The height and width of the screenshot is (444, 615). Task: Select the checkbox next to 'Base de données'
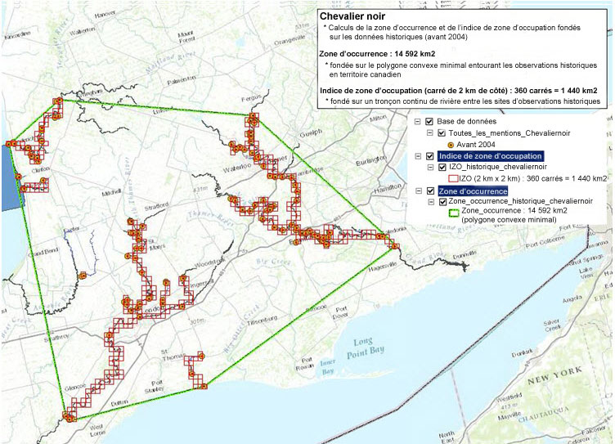pos(429,121)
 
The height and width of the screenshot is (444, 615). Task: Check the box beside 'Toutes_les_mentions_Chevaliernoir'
pos(441,132)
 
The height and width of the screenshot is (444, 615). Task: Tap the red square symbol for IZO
pos(454,177)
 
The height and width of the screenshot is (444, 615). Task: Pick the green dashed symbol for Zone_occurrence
pos(454,210)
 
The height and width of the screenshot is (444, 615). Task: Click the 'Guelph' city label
pos(312,132)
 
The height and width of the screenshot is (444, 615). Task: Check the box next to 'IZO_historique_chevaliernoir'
pos(441,167)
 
